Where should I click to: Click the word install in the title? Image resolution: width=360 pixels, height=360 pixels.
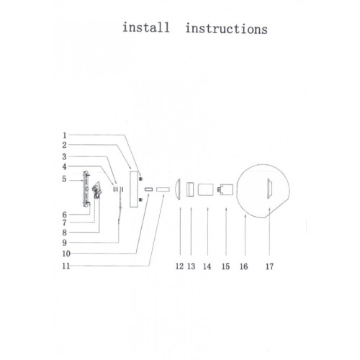tap(146, 27)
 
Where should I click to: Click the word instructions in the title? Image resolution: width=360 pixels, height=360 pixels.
tap(226, 29)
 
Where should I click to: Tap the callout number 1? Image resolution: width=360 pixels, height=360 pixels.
tap(64, 135)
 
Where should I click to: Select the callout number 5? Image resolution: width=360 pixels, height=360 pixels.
tap(64, 179)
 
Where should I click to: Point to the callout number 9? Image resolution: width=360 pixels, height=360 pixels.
tap(64, 243)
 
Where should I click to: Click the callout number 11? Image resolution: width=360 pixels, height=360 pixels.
tap(66, 266)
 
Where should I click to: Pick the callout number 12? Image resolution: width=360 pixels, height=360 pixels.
tap(179, 266)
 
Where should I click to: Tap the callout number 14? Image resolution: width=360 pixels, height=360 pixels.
tap(207, 266)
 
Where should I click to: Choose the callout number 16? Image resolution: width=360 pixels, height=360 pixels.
tap(243, 266)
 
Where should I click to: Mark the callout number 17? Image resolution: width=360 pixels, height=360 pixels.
tap(269, 266)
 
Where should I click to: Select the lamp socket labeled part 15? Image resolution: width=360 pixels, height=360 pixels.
tap(225, 189)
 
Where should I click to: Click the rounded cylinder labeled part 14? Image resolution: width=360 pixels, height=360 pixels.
tap(205, 189)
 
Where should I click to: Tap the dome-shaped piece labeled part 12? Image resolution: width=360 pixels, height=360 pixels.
tap(177, 189)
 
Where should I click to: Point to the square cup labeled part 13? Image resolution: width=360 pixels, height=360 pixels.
tap(190, 189)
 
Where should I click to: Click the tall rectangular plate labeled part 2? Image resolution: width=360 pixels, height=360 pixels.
tap(134, 189)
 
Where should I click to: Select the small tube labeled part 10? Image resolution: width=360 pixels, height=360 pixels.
tap(148, 189)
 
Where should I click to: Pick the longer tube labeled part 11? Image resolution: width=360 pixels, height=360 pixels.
tap(163, 189)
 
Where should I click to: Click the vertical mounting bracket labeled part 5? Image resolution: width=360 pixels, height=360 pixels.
tap(86, 189)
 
